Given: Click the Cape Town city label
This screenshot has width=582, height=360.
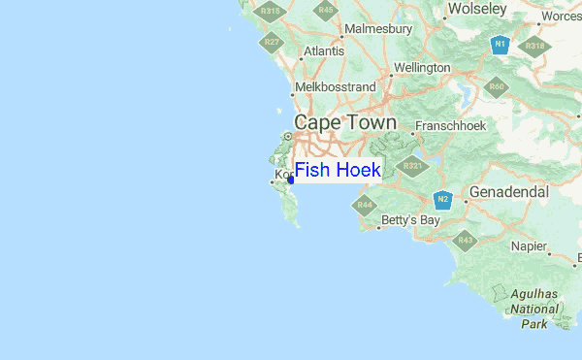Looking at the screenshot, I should point(344,123).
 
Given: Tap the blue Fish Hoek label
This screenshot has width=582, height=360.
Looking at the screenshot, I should point(339,171).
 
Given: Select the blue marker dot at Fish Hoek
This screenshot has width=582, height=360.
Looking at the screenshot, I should point(291,179).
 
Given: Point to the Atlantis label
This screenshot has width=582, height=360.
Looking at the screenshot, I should point(323,51).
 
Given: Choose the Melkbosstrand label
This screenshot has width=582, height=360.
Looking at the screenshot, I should point(335,87).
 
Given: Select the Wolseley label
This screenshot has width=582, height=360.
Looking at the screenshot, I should point(476,9).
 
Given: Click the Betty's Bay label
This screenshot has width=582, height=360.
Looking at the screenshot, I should point(411,220).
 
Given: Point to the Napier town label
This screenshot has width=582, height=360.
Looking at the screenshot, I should point(529,246).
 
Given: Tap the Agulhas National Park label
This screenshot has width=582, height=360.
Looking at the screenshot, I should point(534,308).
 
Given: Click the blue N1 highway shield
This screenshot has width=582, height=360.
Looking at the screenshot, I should point(500,45).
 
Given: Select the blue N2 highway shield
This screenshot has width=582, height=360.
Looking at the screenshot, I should point(443,201).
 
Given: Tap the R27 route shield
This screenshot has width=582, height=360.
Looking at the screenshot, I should point(272,42).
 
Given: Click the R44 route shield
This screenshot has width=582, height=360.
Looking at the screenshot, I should point(365,205).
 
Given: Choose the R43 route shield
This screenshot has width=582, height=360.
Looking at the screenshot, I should point(466,240).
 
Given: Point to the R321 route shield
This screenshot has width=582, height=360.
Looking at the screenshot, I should point(413,166).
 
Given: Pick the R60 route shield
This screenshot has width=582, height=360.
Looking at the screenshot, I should point(498,87).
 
